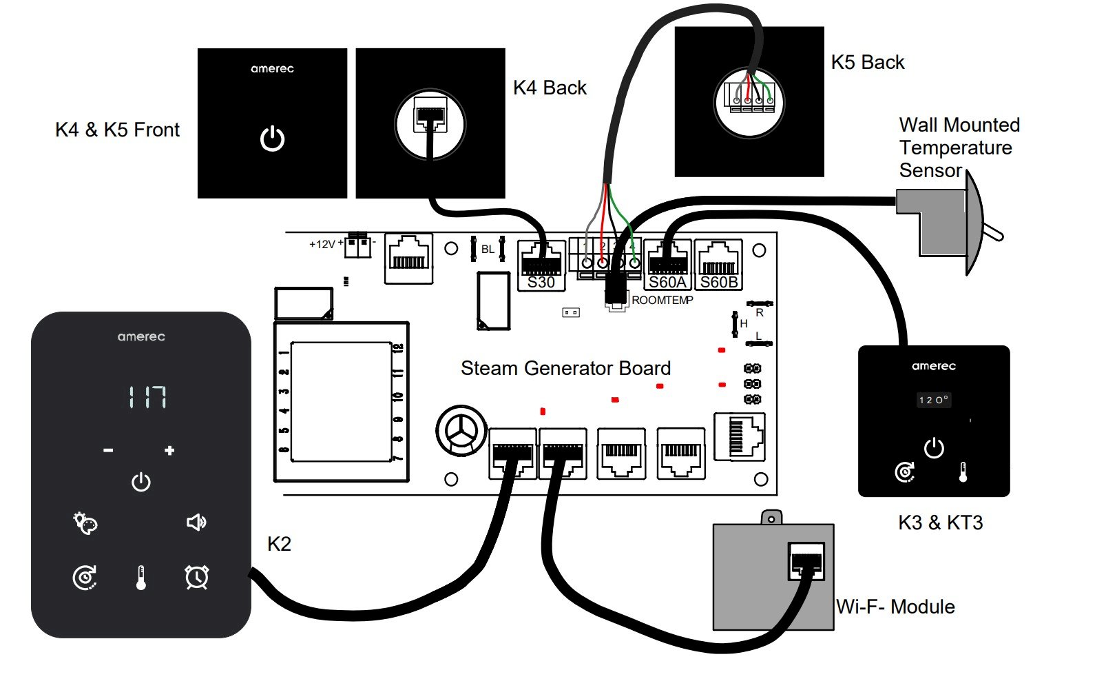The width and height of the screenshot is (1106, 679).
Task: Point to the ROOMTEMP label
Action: pyautogui.click(x=662, y=301)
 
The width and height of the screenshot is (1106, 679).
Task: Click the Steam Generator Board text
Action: pyautogui.click(x=565, y=368)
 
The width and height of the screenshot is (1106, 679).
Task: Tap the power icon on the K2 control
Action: pyautogui.click(x=141, y=482)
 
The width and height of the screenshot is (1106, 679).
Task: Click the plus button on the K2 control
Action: pyautogui.click(x=169, y=451)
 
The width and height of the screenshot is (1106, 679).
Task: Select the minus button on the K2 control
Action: pyautogui.click(x=108, y=451)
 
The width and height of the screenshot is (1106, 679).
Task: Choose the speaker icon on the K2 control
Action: pyautogui.click(x=196, y=523)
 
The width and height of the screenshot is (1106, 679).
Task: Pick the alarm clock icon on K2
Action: pyautogui.click(x=197, y=577)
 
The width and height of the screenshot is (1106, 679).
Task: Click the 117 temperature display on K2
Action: pyautogui.click(x=147, y=397)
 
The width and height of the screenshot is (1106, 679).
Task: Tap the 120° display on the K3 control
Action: pyautogui.click(x=934, y=400)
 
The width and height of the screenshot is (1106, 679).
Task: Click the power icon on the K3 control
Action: pyautogui.click(x=934, y=448)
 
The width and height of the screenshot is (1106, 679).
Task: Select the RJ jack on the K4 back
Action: pyautogui.click(x=430, y=114)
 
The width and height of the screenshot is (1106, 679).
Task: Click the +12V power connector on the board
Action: pyautogui.click(x=357, y=245)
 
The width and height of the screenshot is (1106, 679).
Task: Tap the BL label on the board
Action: pyautogui.click(x=488, y=250)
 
